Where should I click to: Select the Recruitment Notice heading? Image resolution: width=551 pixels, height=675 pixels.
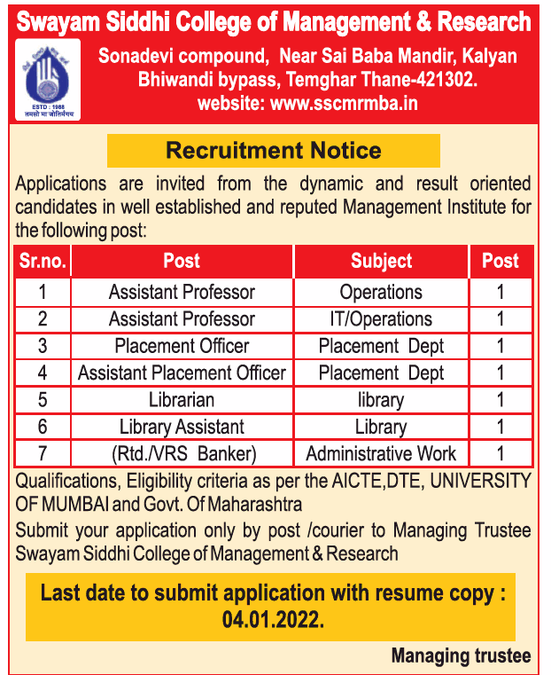coord(274,150)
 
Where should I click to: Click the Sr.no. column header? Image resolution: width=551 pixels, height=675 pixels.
coord(43,261)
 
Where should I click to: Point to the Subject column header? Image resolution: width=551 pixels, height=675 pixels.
coord(381,261)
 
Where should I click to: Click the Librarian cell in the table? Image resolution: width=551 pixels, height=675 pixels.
coord(182,400)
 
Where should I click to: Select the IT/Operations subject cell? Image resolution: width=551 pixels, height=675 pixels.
coord(381,319)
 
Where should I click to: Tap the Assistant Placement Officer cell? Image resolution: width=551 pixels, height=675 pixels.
coord(182,373)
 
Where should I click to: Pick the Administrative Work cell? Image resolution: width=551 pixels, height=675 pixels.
coord(381,454)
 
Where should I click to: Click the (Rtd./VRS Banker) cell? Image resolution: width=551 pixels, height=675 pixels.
coord(183,454)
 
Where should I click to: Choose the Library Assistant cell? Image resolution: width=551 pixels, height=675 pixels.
coord(182,428)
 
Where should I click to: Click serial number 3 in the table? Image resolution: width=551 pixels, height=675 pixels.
coord(43,346)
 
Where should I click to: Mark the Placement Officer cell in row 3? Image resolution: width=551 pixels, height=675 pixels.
coord(182,346)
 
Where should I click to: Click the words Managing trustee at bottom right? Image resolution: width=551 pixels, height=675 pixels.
coord(461,656)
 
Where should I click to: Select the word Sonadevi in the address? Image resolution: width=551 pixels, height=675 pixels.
coord(138,57)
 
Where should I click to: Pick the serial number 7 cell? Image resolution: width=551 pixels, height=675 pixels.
coord(43,454)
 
